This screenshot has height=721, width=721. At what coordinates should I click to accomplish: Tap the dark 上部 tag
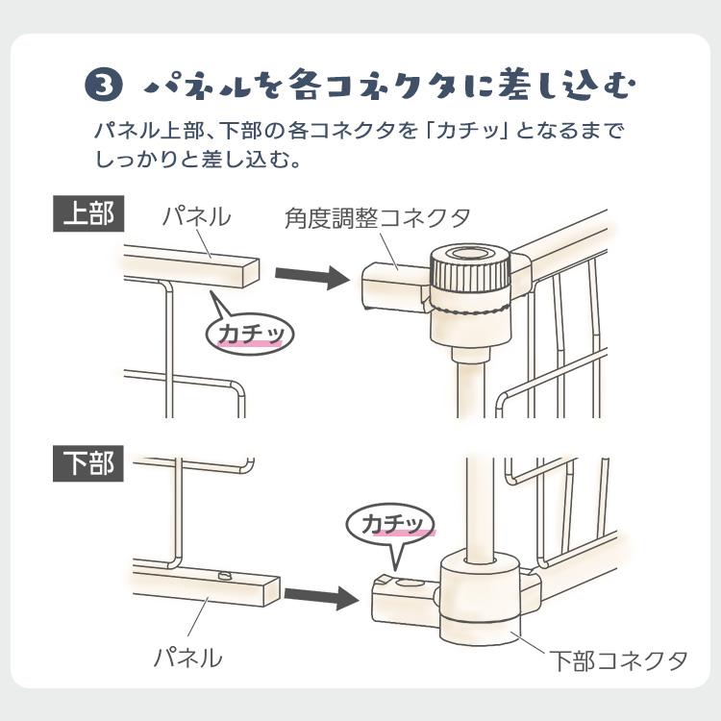coord(88,213)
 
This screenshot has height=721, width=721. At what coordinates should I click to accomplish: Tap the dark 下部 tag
coord(88,463)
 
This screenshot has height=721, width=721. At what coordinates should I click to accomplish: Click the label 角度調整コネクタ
coord(377,217)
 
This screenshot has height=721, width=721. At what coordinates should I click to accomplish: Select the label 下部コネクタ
coord(618,660)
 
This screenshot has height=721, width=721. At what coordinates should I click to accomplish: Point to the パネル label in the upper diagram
coord(197,216)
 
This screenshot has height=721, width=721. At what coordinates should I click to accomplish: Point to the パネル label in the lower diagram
coord(188,658)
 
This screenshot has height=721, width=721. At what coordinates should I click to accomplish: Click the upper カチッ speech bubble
coord(250,330)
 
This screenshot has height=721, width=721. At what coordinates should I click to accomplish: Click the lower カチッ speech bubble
coord(391,529)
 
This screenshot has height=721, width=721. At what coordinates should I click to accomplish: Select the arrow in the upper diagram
coord(311,276)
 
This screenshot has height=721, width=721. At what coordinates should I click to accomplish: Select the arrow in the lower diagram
coord(321,596)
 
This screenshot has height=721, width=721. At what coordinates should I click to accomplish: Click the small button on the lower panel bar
coord(225,575)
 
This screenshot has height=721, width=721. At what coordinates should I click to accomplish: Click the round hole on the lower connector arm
coord(410,584)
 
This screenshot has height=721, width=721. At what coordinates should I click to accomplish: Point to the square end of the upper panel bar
coord(251,274)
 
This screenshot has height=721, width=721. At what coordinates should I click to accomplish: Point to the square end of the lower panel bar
coord(272,591)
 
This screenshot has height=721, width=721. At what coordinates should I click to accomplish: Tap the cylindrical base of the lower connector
coord(481,598)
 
